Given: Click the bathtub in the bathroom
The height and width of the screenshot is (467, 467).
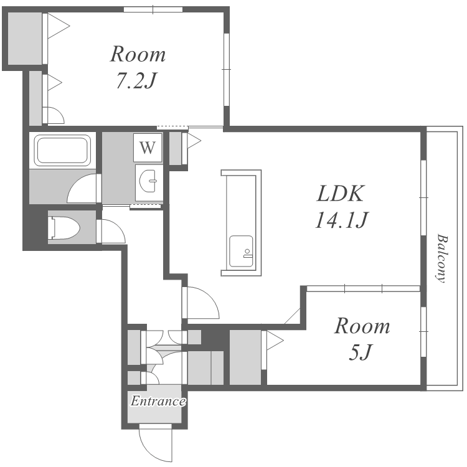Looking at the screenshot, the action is click(x=62, y=150).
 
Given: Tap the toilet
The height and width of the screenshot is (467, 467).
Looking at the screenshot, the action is click(x=64, y=227).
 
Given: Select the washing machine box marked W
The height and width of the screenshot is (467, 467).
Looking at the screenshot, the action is click(x=148, y=147).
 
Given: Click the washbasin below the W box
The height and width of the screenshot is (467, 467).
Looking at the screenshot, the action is click(x=148, y=181).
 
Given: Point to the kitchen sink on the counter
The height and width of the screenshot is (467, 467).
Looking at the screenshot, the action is click(x=241, y=251).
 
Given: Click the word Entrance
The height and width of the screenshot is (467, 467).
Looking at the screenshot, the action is click(x=158, y=401).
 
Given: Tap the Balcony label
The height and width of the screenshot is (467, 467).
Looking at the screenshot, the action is click(x=442, y=258).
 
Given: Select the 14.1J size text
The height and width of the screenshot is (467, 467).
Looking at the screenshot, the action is click(x=342, y=220).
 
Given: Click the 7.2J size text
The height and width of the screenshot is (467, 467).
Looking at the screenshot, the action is click(x=136, y=80).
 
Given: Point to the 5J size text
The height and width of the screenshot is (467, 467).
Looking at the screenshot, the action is click(x=361, y=352).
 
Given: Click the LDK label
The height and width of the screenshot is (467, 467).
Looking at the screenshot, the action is click(x=341, y=194).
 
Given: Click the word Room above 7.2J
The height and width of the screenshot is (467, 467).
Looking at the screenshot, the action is click(x=138, y=55).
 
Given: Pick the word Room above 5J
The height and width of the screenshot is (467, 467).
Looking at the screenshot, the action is click(x=362, y=326).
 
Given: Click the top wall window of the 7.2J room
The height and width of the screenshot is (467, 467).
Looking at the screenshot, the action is click(x=153, y=9).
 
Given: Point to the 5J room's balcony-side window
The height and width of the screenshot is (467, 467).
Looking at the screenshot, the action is click(x=423, y=331).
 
